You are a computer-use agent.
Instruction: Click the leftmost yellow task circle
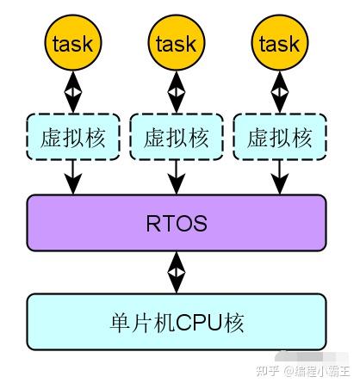[x=73, y=43]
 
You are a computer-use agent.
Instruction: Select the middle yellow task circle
[x=177, y=43]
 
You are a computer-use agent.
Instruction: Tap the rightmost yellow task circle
[x=280, y=43]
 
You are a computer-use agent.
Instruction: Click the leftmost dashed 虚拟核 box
[x=73, y=138]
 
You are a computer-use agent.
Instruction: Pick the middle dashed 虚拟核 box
[x=177, y=138]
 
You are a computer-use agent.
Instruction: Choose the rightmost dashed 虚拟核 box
[x=280, y=138]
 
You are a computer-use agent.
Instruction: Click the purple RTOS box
[x=177, y=224]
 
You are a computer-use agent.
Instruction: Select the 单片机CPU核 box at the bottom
[x=177, y=323]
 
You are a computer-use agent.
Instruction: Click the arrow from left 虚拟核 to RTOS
[x=73, y=178]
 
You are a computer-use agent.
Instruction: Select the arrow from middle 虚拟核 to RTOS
[x=177, y=178]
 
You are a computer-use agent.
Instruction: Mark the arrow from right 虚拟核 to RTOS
[x=280, y=178]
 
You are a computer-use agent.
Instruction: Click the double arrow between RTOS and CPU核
[x=177, y=274]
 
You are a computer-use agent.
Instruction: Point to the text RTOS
[x=177, y=224]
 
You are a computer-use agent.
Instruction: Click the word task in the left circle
[x=73, y=43]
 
